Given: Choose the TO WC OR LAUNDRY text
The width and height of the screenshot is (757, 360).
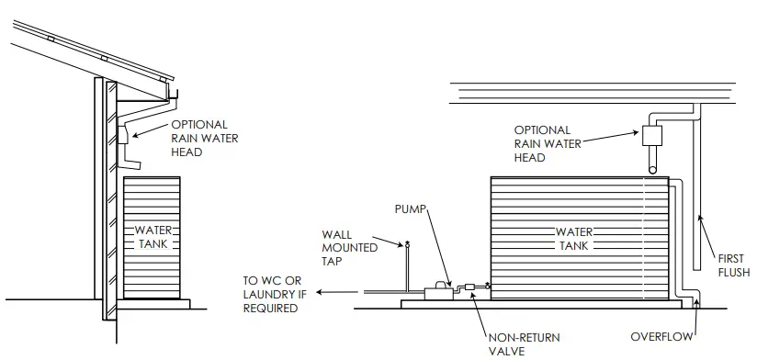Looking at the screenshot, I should point(272,295).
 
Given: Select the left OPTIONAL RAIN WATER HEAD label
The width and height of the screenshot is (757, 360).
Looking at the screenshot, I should point(199,139).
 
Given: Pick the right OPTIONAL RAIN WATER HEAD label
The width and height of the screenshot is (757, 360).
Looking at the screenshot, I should point(543,144).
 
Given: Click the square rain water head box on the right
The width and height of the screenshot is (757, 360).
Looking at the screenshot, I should point(652,136).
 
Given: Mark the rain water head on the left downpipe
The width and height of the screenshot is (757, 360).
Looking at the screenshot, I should point(124,137).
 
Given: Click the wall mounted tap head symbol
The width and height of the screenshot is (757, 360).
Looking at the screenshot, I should point(408,244).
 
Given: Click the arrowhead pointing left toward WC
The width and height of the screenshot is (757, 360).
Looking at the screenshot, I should point(317,292).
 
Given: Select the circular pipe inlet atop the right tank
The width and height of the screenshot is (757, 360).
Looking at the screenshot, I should point(652,166).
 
